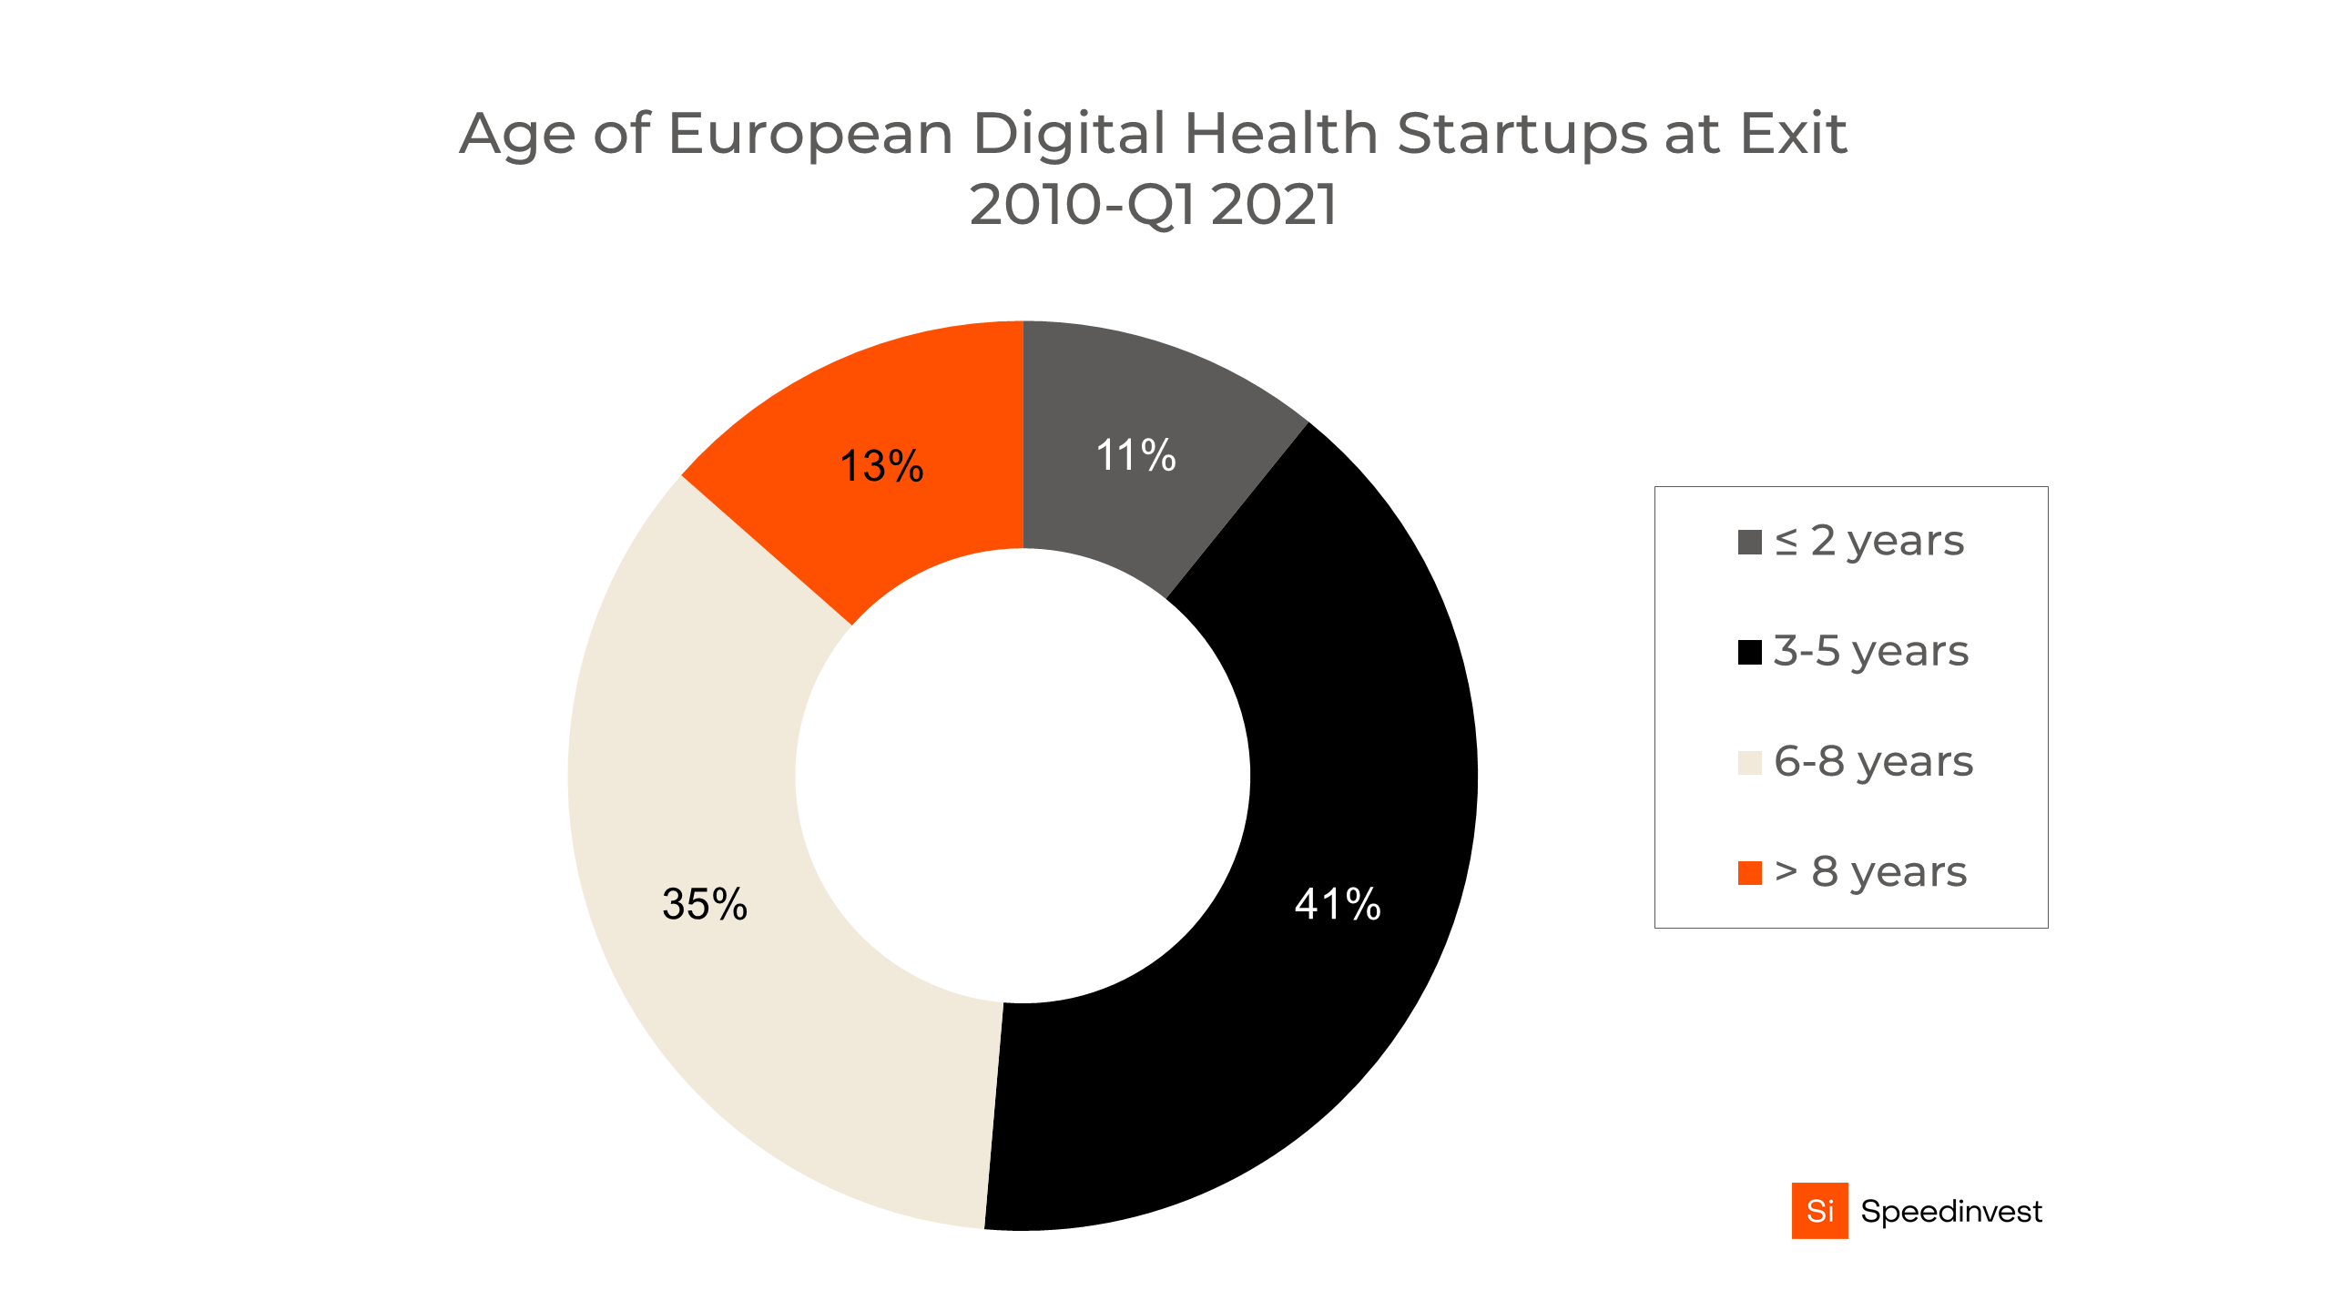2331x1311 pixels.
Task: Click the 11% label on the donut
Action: coord(1135,455)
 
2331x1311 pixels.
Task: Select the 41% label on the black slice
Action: coord(1338,904)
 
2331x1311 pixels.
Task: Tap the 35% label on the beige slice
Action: coord(705,904)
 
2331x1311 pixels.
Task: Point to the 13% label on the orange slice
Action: coord(880,466)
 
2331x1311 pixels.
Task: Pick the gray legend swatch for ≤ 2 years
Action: coord(1749,543)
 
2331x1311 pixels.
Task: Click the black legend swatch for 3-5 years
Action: coord(1749,653)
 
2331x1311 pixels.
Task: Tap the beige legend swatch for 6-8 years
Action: coord(1749,763)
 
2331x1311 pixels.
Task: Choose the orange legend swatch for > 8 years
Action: coord(1749,873)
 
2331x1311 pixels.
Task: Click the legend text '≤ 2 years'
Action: coord(1869,542)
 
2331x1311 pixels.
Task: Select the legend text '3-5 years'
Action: coord(1871,652)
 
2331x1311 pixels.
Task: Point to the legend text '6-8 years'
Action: coord(1873,762)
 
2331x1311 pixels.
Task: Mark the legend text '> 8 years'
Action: coord(1871,872)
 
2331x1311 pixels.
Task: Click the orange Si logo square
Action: coord(1819,1211)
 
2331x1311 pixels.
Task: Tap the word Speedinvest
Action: coord(1950,1212)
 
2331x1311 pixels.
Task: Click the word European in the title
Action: coord(810,135)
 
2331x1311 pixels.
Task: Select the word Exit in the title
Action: coord(1793,134)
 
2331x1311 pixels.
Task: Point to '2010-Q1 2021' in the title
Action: coord(1153,205)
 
